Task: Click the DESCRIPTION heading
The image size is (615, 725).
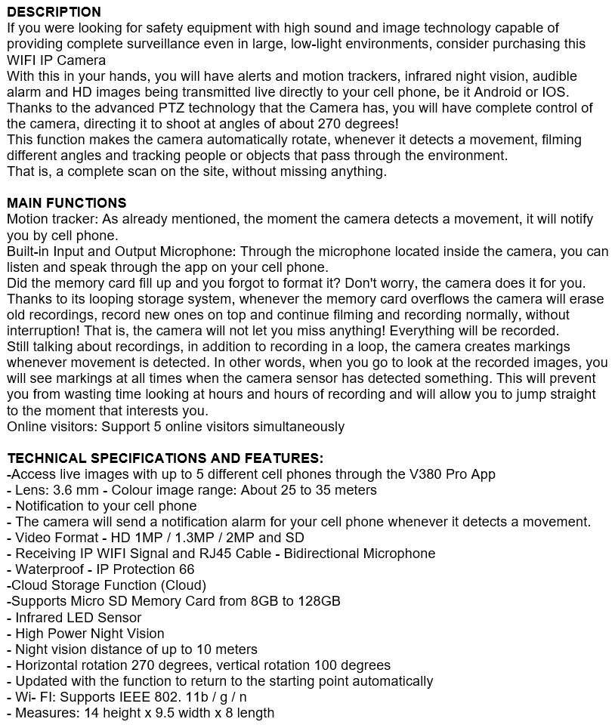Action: pyautogui.click(x=54, y=12)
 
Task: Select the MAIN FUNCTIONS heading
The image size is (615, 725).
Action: pyautogui.click(x=66, y=203)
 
